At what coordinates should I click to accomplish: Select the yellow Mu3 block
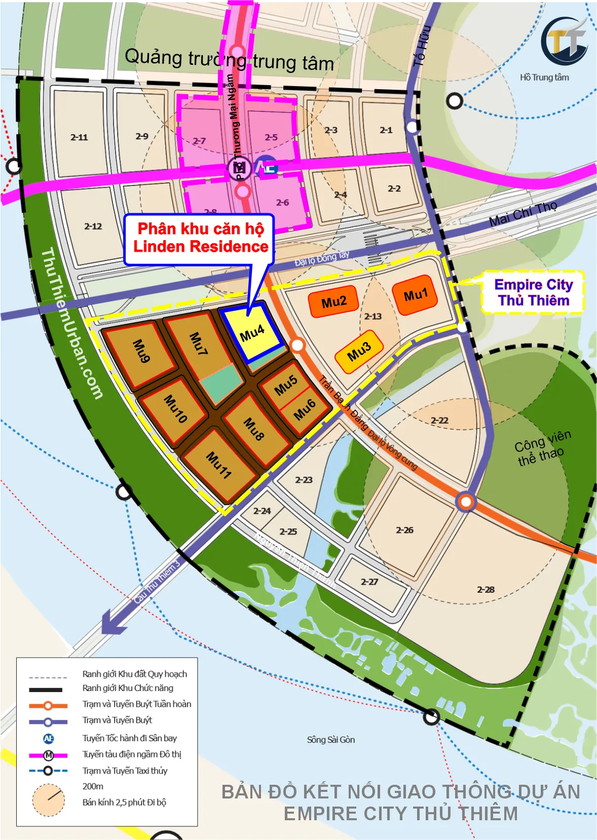(x=359, y=352)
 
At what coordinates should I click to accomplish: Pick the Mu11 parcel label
(x=219, y=465)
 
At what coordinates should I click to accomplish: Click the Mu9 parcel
(x=141, y=351)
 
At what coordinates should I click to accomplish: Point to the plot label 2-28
(x=486, y=589)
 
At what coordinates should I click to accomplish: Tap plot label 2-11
(x=79, y=137)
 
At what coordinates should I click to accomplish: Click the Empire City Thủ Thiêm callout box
(x=533, y=292)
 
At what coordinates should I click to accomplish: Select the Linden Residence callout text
(x=200, y=238)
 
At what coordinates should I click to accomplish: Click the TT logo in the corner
(x=564, y=42)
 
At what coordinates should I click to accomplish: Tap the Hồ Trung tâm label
(x=544, y=78)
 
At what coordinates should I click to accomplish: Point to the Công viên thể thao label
(x=542, y=448)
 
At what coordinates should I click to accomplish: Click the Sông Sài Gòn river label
(x=331, y=740)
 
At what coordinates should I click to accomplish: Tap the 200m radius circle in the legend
(x=49, y=800)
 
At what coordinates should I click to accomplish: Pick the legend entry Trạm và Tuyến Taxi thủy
(x=125, y=771)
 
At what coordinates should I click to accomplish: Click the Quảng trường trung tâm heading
(x=229, y=60)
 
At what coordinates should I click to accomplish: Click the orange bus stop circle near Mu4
(x=297, y=346)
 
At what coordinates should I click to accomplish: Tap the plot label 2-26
(x=404, y=530)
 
